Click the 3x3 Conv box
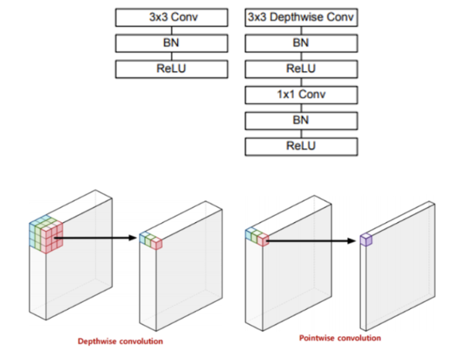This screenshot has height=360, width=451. [171, 18]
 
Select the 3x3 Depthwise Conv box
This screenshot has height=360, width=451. [301, 18]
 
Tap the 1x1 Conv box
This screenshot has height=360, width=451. [301, 95]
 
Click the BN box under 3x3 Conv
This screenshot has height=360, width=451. [171, 43]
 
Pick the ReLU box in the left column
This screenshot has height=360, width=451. [171, 69]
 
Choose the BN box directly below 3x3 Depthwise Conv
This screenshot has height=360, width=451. [301, 43]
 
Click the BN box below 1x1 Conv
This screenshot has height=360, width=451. [301, 121]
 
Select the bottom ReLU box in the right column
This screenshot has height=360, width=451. [301, 147]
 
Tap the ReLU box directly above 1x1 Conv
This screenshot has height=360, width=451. [301, 69]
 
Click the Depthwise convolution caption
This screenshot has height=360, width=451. [120, 342]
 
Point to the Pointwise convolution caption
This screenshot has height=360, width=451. [340, 338]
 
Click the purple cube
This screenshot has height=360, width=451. [367, 240]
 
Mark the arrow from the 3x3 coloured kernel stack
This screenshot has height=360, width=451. [96, 238]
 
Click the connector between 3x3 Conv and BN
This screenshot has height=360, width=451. [171, 30]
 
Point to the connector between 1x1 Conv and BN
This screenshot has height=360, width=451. [301, 108]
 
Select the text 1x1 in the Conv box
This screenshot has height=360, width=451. [284, 95]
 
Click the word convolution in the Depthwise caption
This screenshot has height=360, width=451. [141, 342]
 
